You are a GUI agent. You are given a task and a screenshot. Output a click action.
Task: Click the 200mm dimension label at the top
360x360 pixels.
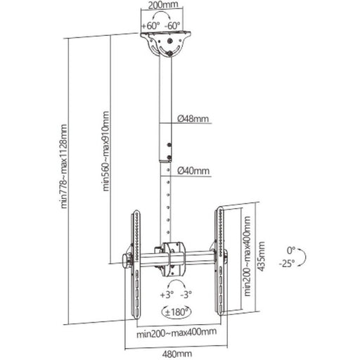163,4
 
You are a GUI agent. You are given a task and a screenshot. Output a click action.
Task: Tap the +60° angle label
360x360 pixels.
150,25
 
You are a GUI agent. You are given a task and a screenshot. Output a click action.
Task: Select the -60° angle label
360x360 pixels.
172,25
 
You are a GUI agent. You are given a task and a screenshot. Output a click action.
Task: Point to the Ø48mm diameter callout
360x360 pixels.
193,119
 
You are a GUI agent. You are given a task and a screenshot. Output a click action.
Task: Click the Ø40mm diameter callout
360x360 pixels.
193,171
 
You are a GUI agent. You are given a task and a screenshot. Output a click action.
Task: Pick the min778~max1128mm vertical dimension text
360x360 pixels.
63,166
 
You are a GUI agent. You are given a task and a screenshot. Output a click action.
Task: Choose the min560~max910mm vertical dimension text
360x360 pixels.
105,151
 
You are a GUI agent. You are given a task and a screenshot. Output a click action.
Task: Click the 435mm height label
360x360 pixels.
261,257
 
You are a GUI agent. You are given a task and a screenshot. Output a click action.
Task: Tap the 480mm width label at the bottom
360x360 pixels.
177,354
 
